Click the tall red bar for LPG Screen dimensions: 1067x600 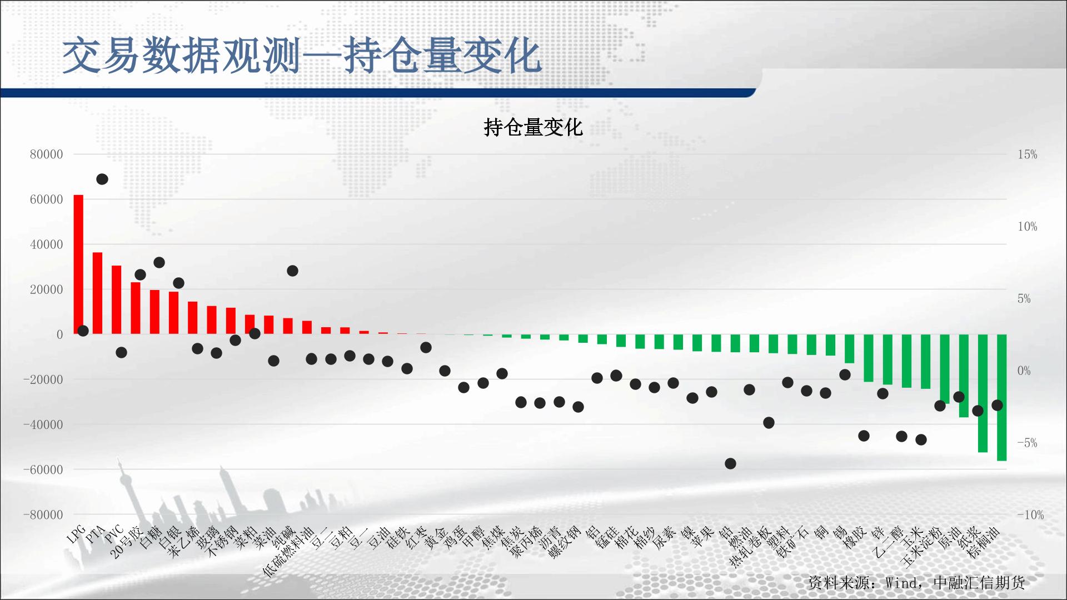click(78, 264)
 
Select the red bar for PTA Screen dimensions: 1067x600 click(97, 293)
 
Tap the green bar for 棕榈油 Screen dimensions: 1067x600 click(1001, 397)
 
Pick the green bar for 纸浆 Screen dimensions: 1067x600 click(983, 393)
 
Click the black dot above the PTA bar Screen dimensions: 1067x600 click(102, 179)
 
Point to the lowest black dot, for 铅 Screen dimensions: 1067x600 click(730, 463)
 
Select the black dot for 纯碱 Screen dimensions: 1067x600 click(292, 271)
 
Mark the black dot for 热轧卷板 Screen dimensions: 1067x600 click(769, 423)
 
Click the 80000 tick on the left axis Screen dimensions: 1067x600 click(47, 154)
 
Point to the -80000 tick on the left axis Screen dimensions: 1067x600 click(43, 514)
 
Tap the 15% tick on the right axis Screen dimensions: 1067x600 click(1028, 154)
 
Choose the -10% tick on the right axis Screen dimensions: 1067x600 click(1030, 514)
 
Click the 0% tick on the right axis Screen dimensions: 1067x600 click(1024, 371)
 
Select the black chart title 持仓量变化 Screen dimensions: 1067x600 click(533, 127)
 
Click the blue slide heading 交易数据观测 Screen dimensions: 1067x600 click(182, 56)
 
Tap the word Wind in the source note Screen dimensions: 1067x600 click(900, 583)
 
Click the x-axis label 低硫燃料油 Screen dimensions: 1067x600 click(287, 552)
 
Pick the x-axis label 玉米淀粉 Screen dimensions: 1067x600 click(922, 547)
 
